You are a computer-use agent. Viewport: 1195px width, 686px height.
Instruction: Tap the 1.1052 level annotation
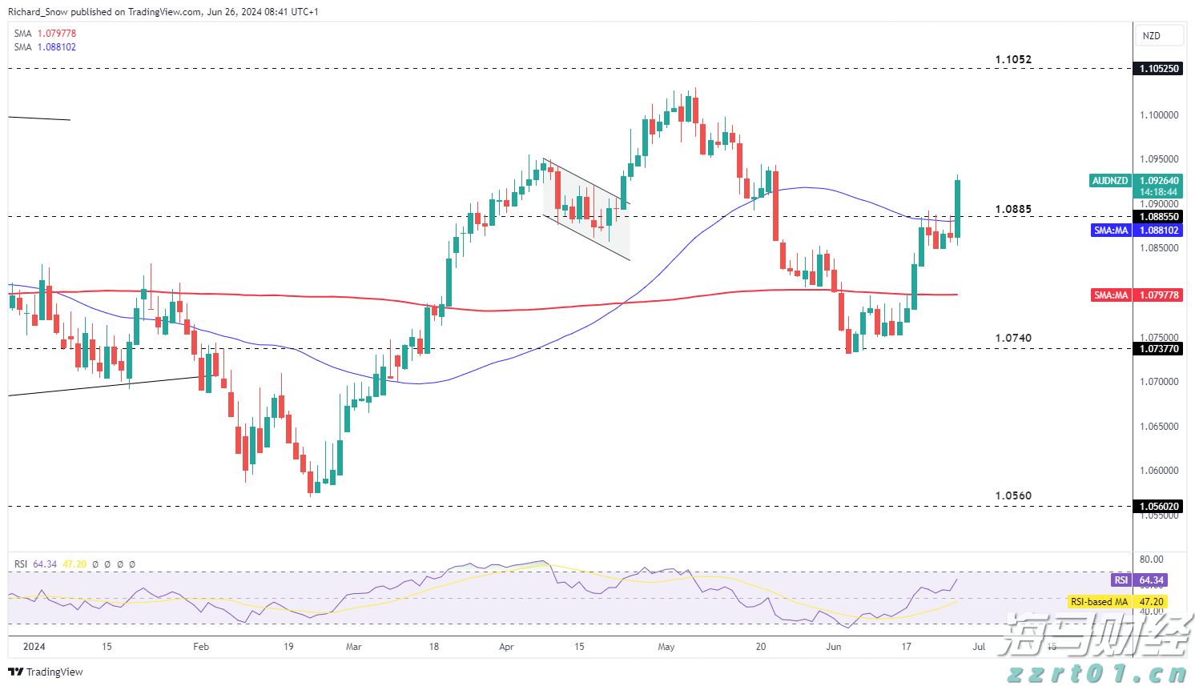pos(1013,59)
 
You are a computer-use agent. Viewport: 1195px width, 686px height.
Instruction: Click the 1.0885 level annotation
pos(1013,210)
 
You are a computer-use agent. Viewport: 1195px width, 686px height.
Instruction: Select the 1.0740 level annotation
pos(1013,338)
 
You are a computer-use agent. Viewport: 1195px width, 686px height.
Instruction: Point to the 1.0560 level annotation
pos(1013,495)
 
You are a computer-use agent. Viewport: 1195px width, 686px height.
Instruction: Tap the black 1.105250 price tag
pos(1159,69)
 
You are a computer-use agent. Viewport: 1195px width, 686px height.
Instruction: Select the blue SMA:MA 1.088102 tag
pos(1136,231)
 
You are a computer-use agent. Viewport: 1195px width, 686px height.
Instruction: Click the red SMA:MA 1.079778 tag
pos(1136,295)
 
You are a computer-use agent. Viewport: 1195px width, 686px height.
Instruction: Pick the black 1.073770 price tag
pos(1159,349)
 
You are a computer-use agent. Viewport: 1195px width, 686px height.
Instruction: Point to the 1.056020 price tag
pos(1159,507)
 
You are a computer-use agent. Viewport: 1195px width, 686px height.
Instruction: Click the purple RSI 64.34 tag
pos(1138,580)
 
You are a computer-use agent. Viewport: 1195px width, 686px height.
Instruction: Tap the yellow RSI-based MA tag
pos(1117,602)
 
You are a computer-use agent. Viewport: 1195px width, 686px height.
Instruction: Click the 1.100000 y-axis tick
pos(1159,115)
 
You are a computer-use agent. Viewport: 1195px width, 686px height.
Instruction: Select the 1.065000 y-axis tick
pos(1159,427)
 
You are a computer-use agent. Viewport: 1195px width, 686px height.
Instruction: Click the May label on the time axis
pos(666,647)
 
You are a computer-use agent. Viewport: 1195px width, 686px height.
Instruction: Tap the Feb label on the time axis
pos(201,647)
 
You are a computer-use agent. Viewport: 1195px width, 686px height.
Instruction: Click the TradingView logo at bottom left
pos(46,672)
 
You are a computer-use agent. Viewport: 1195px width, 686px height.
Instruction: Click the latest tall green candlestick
pos(957,208)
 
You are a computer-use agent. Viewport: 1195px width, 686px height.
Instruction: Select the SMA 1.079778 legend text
pos(46,34)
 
